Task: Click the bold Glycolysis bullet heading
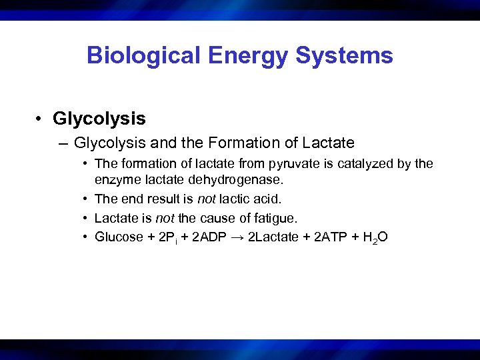[x=99, y=119]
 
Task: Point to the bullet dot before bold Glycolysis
[x=41, y=119]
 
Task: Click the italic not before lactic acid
[x=207, y=199]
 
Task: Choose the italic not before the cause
[x=165, y=217]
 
